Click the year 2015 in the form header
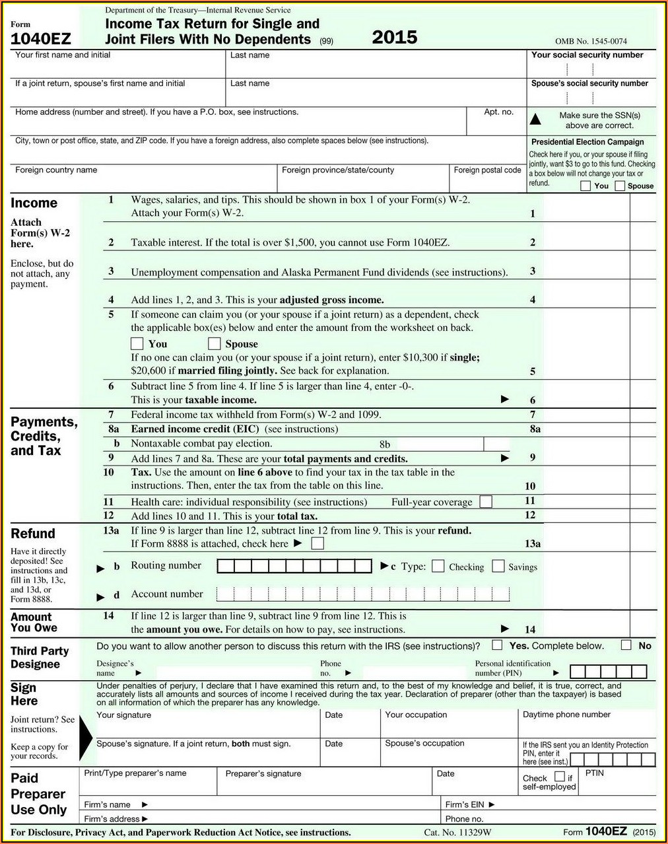point(394,37)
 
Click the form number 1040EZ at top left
point(40,39)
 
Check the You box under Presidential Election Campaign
point(585,186)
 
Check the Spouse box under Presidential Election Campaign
point(620,186)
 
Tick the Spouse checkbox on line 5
point(215,343)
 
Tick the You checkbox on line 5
point(137,343)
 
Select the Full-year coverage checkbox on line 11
point(486,501)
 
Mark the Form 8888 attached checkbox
point(317,544)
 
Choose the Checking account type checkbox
point(438,567)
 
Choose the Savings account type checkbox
point(498,567)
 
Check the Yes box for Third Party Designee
point(497,645)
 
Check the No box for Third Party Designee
point(626,645)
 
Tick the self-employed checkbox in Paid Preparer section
point(559,777)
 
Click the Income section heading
point(34,203)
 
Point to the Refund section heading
point(33,534)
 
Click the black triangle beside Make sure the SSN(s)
point(536,120)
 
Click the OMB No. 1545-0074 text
point(591,41)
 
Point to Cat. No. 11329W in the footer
point(457,832)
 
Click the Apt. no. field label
point(498,112)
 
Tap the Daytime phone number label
point(566,715)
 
